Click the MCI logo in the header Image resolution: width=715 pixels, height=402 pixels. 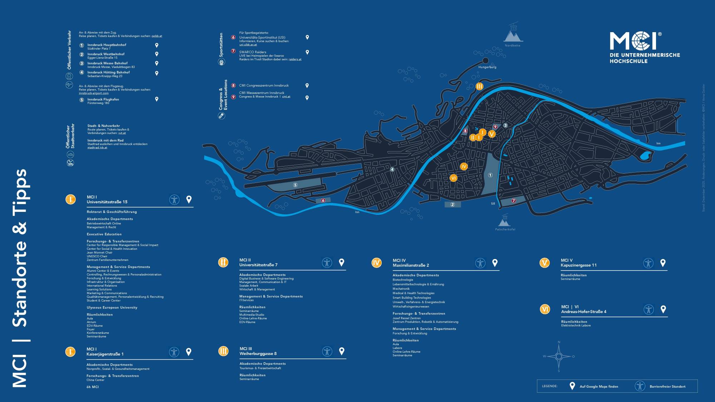point(633,41)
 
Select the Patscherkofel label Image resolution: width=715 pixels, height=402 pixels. point(505,229)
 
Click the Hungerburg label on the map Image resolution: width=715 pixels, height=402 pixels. point(487,67)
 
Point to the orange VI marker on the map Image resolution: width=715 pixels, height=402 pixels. point(453,178)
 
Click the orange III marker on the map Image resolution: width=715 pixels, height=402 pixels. point(479,86)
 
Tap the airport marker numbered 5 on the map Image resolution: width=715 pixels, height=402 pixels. point(295,185)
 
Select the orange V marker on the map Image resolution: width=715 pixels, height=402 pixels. point(492,134)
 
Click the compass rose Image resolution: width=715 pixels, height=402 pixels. point(559,356)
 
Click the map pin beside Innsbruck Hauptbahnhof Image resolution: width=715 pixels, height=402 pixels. point(157,45)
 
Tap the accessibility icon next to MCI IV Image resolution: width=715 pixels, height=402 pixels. point(480,263)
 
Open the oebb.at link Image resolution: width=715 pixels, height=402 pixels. point(157,36)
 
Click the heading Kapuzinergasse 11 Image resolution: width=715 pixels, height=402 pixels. point(578,265)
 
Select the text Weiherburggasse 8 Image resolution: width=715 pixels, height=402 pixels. point(258,354)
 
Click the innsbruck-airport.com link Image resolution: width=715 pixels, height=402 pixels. point(94,93)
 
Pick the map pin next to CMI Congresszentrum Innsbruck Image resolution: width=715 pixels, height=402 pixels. point(307,86)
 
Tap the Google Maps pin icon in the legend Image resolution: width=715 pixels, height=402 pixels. point(572,386)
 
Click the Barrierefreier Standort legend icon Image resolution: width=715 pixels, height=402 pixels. point(640,386)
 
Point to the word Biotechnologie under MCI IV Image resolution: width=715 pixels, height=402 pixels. point(403,280)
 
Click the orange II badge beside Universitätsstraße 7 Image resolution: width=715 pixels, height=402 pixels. point(223,262)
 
